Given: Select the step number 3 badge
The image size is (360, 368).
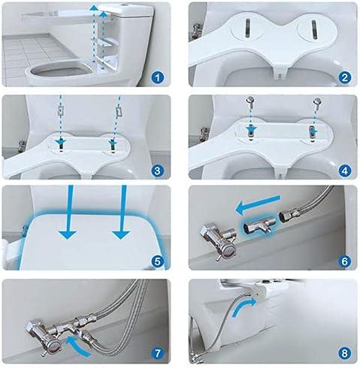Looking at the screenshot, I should (x=156, y=171).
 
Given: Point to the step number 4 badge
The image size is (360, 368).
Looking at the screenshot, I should (x=343, y=171).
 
